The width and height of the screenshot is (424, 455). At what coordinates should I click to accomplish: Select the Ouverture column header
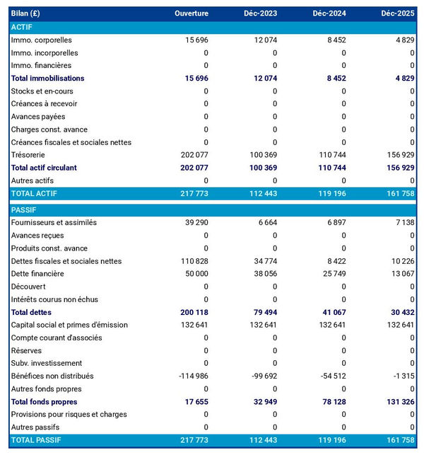192,13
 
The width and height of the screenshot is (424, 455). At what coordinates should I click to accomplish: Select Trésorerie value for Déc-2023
261,155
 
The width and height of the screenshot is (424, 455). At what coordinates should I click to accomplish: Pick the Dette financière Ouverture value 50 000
192,274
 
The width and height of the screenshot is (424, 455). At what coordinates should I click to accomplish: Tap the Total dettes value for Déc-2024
331,312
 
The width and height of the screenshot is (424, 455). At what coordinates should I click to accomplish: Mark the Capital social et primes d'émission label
69,325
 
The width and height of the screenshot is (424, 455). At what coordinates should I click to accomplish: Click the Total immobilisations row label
47,79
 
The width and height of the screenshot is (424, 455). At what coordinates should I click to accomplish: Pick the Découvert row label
30,287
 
